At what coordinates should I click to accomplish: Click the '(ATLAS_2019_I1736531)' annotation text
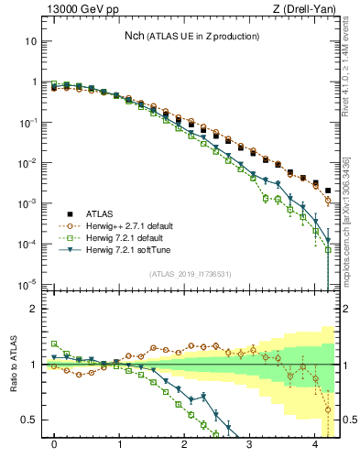point(190,274)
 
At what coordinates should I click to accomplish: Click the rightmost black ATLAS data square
point(328,191)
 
